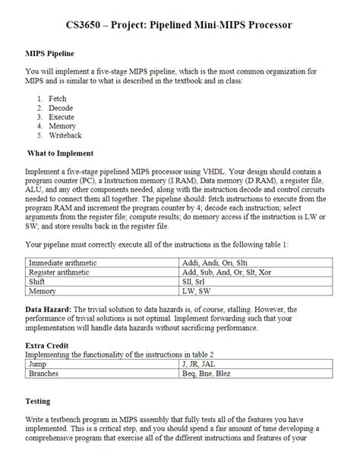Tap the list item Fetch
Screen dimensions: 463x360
[x=58, y=99]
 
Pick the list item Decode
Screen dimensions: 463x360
[x=61, y=109]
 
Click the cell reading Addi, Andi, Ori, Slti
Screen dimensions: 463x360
[x=213, y=262]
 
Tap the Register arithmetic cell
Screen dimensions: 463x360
[x=61, y=272]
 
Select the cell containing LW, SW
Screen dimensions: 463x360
[x=197, y=291]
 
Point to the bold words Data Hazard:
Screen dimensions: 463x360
[x=49, y=310]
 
